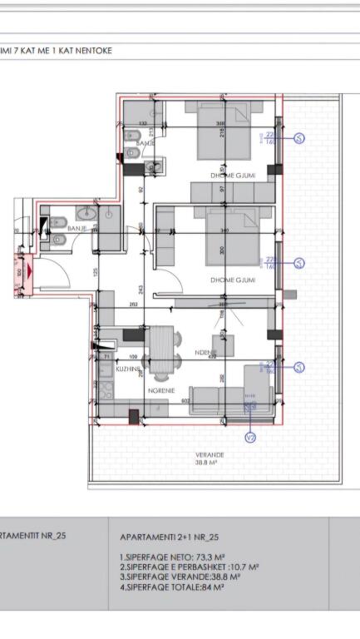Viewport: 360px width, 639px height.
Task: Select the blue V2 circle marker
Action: point(249,437)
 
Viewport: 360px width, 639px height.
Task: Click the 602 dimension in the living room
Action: point(186,401)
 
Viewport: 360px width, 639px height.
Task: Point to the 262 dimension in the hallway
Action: point(134,305)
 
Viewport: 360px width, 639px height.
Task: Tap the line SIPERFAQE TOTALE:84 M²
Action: point(174,587)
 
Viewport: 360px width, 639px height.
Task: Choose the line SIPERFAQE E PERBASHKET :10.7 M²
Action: point(189,567)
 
